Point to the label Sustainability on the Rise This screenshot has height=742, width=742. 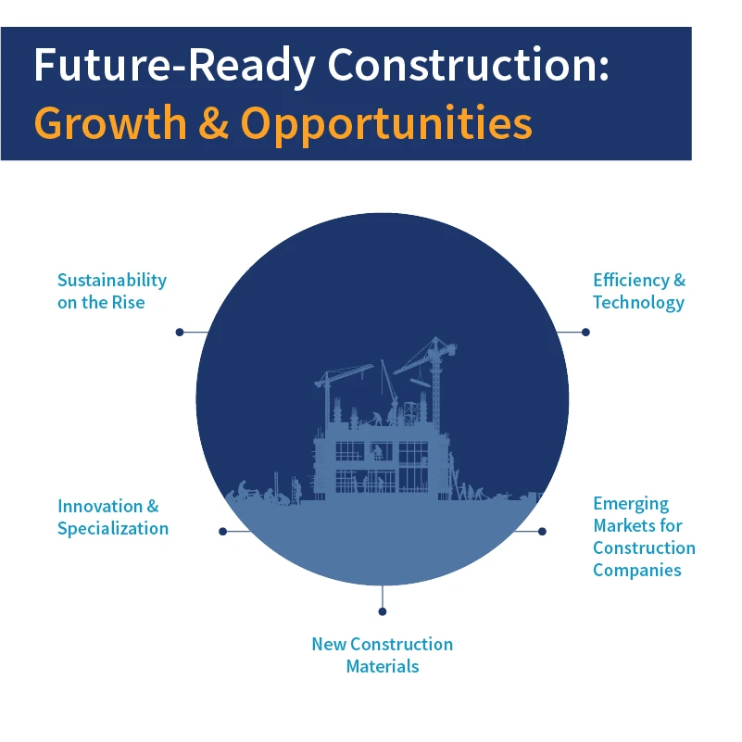click(111, 291)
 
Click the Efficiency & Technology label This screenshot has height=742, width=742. click(638, 291)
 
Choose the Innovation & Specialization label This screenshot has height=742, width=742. click(112, 517)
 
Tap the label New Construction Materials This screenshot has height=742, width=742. click(382, 655)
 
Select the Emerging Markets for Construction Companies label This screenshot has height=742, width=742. click(643, 536)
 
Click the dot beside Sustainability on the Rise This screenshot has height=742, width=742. click(179, 332)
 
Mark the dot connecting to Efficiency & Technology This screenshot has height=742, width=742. click(585, 332)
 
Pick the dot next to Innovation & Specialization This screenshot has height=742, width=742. click(222, 532)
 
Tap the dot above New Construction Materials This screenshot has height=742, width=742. click(382, 611)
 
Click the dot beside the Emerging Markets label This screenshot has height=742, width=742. click(542, 532)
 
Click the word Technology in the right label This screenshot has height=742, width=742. click(638, 302)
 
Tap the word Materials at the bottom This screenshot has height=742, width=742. click(382, 666)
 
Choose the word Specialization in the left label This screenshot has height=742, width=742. click(112, 528)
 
